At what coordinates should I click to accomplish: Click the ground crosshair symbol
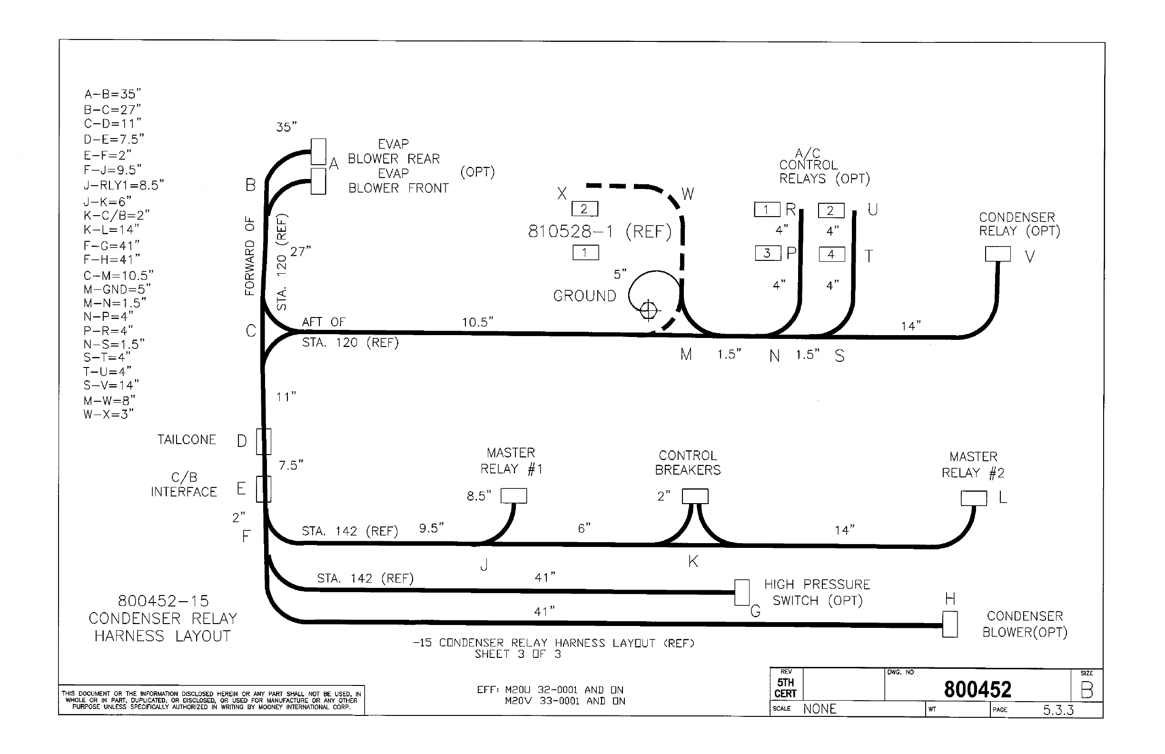coord(648,310)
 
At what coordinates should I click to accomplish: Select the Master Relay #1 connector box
coord(513,496)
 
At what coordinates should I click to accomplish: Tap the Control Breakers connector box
coord(695,496)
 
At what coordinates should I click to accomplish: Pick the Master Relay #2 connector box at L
coord(974,498)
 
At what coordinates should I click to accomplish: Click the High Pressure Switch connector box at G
coord(741,593)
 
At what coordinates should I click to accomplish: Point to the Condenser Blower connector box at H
coord(949,624)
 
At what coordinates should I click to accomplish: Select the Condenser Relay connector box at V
coord(997,254)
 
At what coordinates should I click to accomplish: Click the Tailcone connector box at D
coord(263,442)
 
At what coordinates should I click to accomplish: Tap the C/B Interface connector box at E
coord(263,489)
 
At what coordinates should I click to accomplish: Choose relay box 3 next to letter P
coord(768,253)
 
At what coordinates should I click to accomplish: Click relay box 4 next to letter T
coord(832,255)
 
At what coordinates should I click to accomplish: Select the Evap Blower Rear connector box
coord(318,152)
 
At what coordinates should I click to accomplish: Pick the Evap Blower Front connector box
coord(318,181)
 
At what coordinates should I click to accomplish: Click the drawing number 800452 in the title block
coord(977,690)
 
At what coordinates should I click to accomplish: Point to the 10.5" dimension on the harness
coord(477,322)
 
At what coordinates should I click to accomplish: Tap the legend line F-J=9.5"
coord(112,170)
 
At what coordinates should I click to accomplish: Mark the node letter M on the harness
coord(686,355)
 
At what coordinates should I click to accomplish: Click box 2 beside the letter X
coord(584,209)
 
